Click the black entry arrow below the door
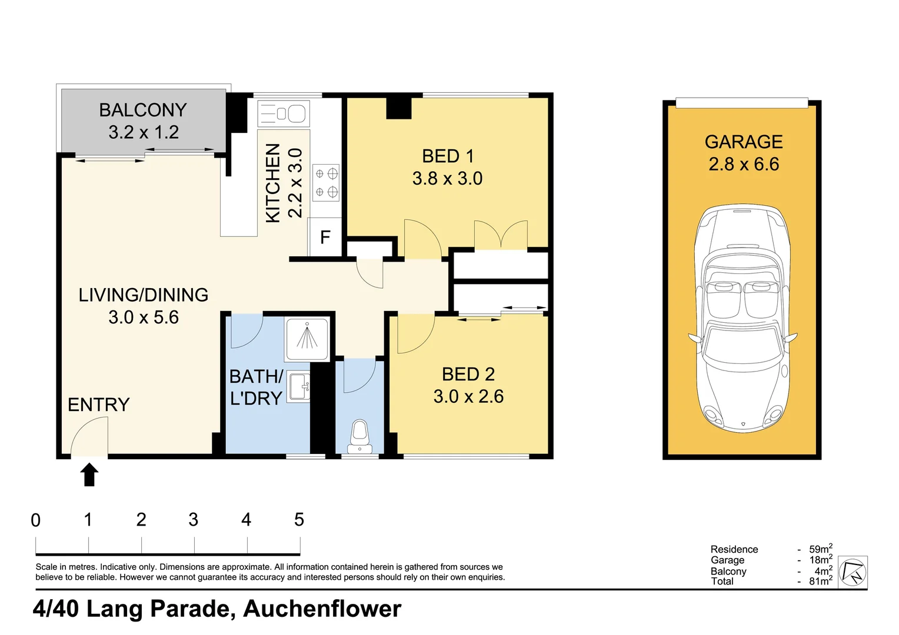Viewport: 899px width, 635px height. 89,474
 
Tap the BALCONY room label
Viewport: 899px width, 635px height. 143,111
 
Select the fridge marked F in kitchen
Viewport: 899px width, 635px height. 325,237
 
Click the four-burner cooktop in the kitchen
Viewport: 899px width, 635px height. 326,183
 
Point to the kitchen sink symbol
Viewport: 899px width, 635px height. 284,113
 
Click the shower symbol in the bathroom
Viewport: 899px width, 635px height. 307,339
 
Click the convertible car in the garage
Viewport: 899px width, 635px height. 742,317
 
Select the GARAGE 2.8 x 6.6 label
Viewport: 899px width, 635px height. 744,153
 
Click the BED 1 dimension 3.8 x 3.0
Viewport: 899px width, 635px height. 447,178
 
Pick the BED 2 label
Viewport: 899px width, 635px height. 468,375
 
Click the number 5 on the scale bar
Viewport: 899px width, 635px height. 299,520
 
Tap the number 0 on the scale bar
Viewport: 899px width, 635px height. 36,520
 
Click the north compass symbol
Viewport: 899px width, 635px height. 853,571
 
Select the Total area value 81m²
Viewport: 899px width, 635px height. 820,581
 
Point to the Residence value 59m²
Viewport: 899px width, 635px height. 820,549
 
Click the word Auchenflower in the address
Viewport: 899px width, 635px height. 322,609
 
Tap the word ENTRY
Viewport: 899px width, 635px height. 98,405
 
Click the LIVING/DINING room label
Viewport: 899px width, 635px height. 144,295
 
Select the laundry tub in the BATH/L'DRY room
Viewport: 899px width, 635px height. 299,387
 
